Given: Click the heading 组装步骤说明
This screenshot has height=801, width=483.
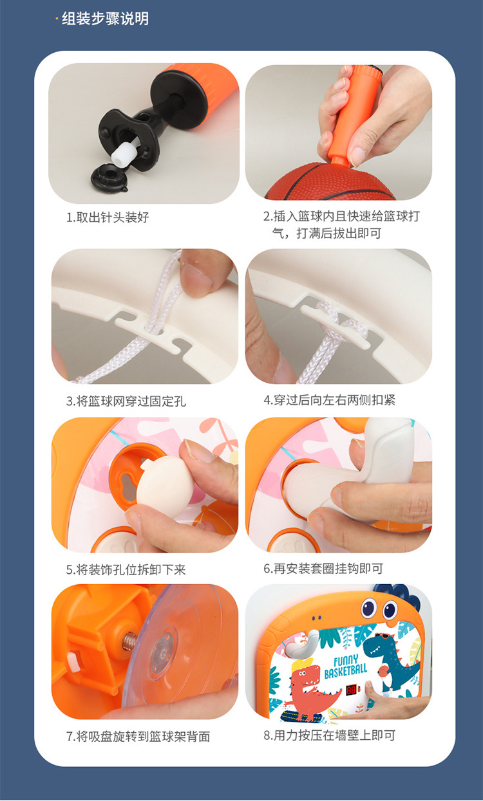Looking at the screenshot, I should coord(104,19).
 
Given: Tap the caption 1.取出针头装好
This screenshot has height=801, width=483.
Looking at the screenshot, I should coord(108,217).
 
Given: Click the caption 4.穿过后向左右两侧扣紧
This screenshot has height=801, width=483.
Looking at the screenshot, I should coord(329,400).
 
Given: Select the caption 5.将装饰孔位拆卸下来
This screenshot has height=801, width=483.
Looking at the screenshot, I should coord(126,569).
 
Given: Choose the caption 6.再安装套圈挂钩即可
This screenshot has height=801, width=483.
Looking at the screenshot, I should coord(323,569).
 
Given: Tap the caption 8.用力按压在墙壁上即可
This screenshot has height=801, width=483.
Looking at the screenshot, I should coord(329,735).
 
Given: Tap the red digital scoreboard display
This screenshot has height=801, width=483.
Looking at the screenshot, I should coord(352,690).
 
